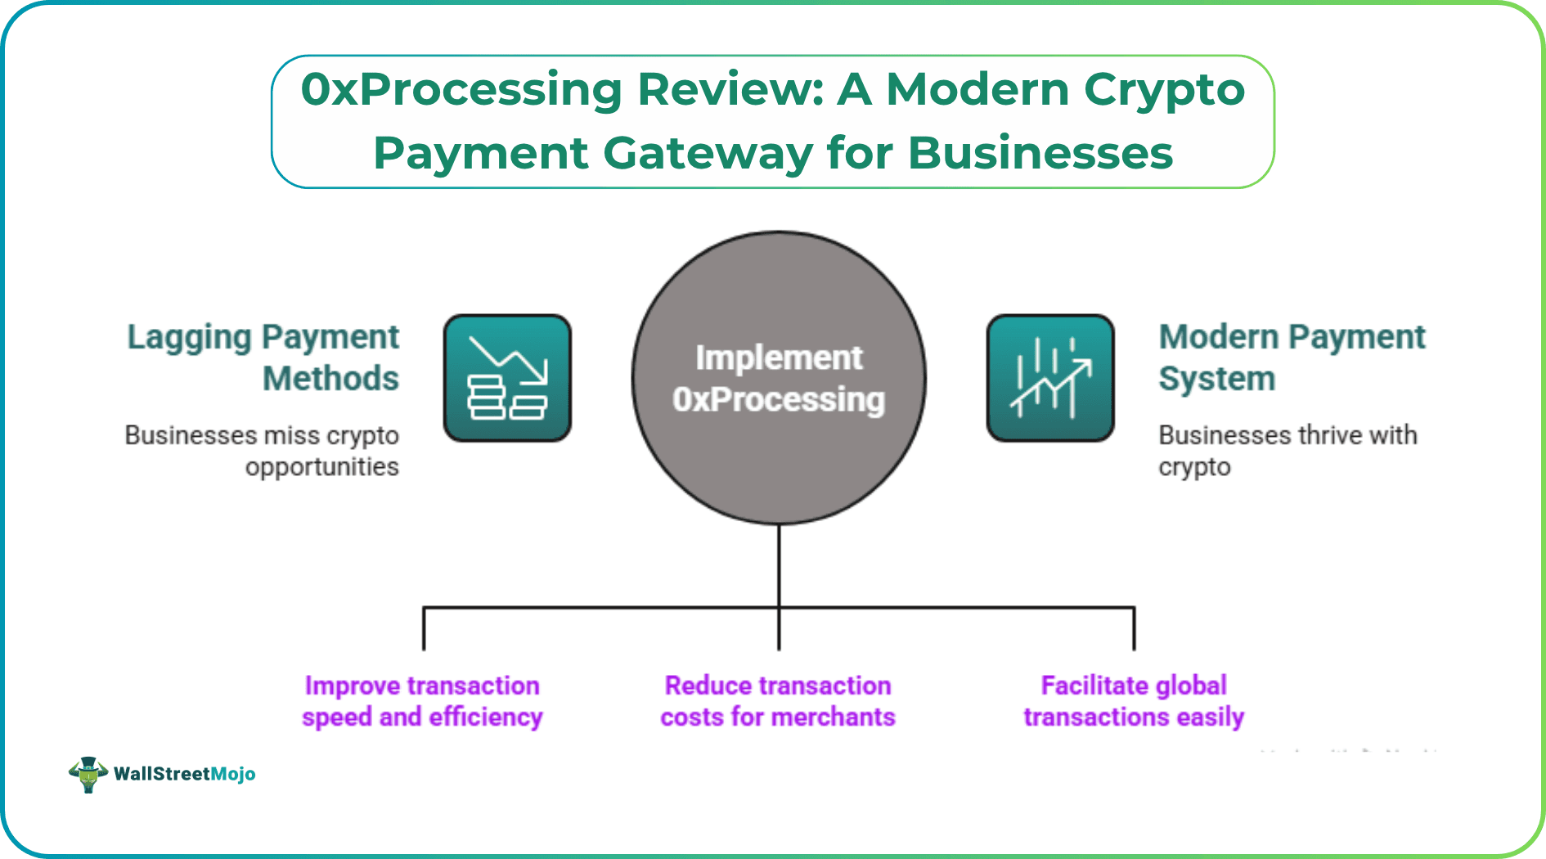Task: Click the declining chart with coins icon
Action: pyautogui.click(x=507, y=378)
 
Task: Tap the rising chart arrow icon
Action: pyautogui.click(x=1050, y=378)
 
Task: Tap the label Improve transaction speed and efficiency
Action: pyautogui.click(x=422, y=701)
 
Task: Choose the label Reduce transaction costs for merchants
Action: pyautogui.click(x=778, y=701)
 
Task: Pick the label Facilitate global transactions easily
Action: pyautogui.click(x=1134, y=701)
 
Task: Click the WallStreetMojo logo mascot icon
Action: pyautogui.click(x=88, y=773)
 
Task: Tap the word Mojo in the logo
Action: pyautogui.click(x=233, y=774)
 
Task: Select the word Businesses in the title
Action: pyautogui.click(x=1040, y=153)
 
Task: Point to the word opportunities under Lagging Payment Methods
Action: pyautogui.click(x=322, y=467)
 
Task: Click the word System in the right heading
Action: pyautogui.click(x=1216, y=379)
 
